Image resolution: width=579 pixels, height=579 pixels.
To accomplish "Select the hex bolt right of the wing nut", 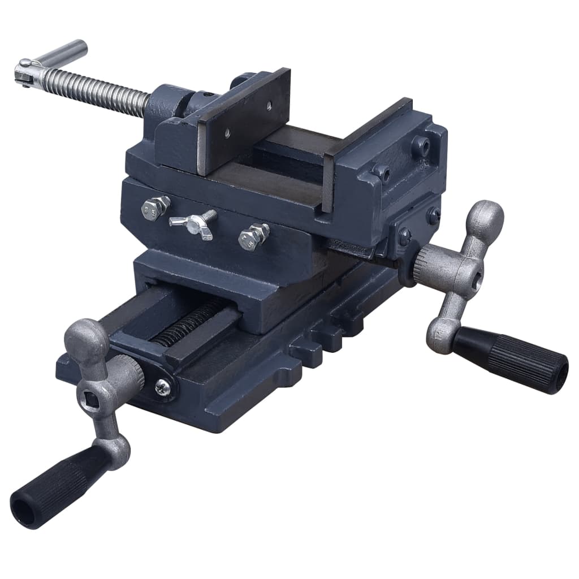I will click(x=253, y=236).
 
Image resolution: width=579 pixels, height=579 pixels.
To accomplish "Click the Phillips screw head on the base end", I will click(x=162, y=387).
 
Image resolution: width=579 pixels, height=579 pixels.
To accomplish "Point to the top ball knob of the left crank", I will click(x=87, y=339).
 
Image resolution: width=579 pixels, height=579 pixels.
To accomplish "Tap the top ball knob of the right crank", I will click(x=484, y=218).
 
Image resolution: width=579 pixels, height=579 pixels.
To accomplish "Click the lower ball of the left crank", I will click(x=116, y=452).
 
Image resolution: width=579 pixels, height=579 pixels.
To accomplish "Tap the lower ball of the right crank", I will click(x=441, y=336).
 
